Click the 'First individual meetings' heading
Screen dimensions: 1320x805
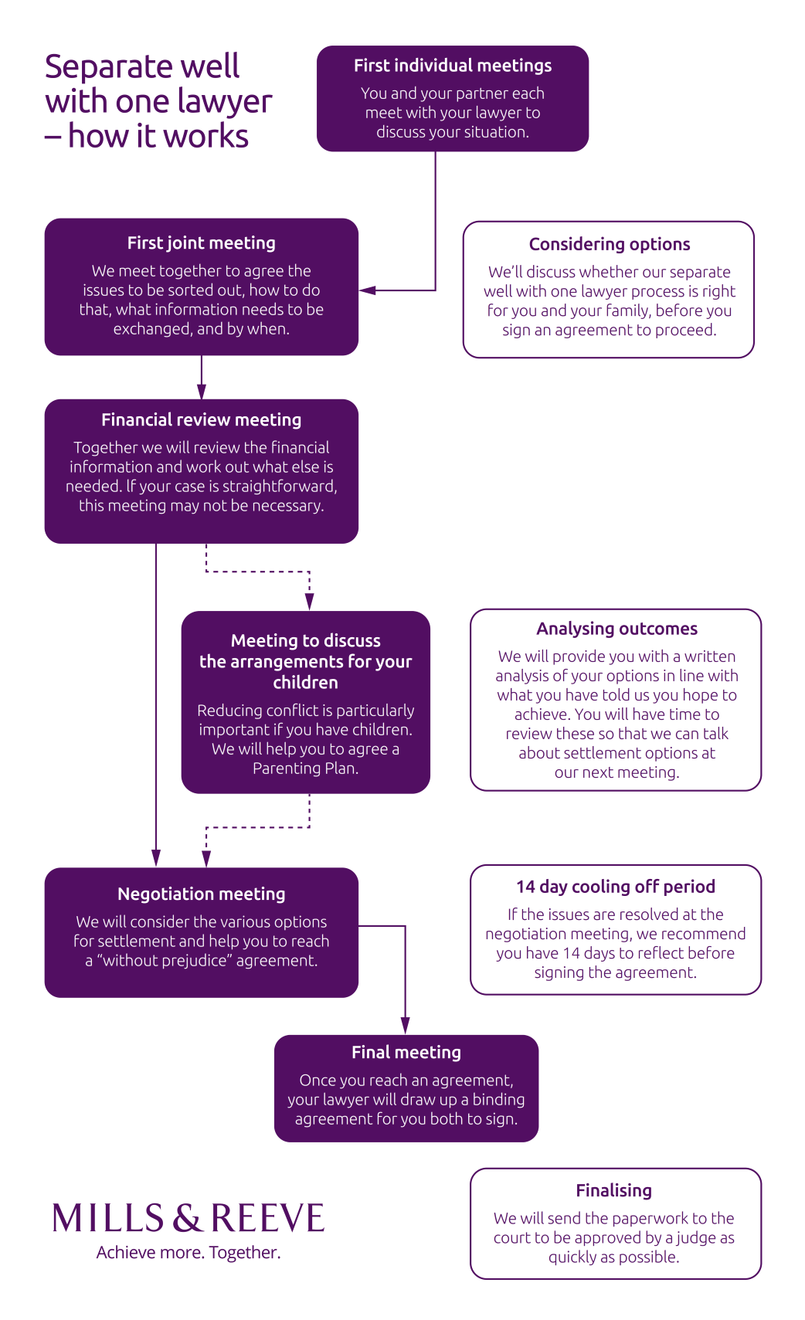tap(453, 66)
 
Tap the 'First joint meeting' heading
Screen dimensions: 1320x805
tap(201, 243)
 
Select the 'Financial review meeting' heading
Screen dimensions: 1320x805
tap(201, 420)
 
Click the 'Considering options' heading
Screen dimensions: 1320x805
tap(609, 245)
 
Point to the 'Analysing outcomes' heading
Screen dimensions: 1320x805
tap(616, 629)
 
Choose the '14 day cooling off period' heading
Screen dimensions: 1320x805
tap(615, 887)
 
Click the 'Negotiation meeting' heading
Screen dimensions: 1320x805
tap(201, 894)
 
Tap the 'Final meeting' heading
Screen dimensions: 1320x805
tap(406, 1053)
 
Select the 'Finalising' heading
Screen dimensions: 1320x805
tap(613, 1191)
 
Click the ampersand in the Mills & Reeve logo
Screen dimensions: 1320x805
tap(188, 1219)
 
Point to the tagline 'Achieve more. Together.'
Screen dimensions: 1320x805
tap(188, 1253)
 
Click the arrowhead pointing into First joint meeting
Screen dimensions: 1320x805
tap(368, 290)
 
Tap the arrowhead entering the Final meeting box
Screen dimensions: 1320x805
tap(405, 1026)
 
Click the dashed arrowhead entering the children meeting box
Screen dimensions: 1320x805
tap(309, 602)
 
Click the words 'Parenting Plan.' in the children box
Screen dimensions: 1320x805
tap(305, 769)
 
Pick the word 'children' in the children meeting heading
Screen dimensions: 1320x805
tap(305, 683)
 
